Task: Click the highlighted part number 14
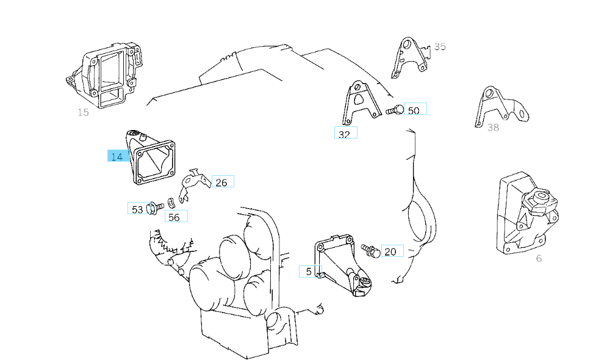[117, 156]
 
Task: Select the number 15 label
[83, 112]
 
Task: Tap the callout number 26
[221, 182]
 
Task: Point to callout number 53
[137, 209]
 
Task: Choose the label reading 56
[174, 217]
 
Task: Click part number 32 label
[345, 134]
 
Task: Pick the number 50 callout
[414, 110]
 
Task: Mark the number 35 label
[440, 46]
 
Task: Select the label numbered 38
[493, 128]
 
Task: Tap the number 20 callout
[390, 251]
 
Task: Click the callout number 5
[309, 271]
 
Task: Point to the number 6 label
[539, 258]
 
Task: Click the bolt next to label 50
[396, 110]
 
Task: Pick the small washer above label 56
[172, 201]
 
